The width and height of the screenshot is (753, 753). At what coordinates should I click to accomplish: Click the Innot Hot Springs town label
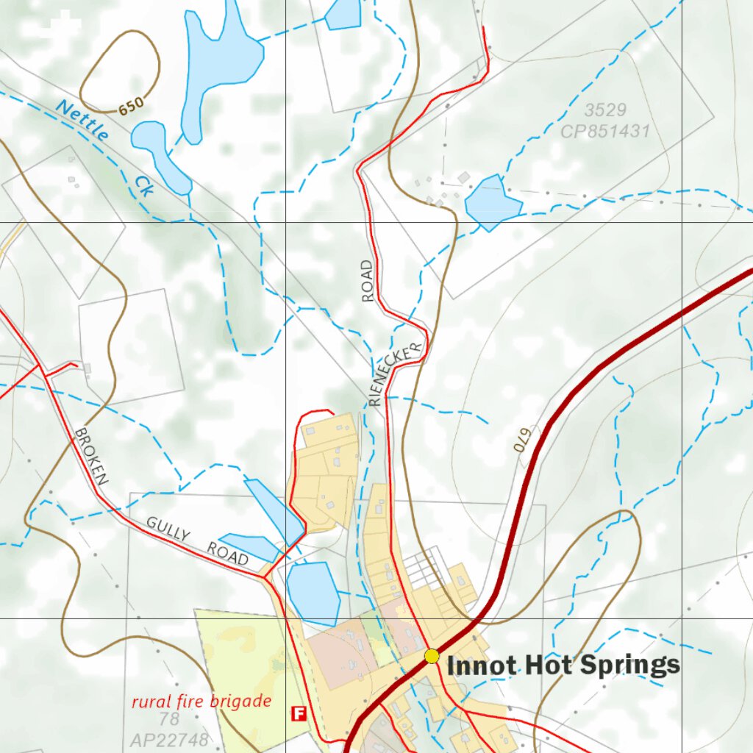coord(563,665)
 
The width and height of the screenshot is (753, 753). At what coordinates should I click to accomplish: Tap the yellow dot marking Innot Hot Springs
coord(432,656)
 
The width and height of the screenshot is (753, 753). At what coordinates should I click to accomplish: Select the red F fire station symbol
coord(299,713)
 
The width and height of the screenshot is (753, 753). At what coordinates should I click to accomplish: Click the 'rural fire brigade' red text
coord(201,702)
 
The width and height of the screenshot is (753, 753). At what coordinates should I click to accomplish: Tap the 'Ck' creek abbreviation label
coord(143,186)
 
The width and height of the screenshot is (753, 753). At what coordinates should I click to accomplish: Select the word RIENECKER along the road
coord(397,374)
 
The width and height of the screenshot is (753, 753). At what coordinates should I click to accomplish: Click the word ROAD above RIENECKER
coord(368,281)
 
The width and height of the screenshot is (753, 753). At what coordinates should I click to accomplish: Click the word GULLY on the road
coord(168,528)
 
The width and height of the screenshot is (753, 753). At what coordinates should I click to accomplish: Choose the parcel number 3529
coord(605,110)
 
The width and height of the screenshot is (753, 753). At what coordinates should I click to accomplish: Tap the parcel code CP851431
coord(605,132)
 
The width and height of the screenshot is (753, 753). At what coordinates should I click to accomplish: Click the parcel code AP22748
coord(169,739)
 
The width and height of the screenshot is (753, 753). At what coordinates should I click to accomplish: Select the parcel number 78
coord(169,719)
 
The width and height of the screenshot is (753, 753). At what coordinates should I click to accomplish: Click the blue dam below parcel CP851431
coord(491,202)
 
